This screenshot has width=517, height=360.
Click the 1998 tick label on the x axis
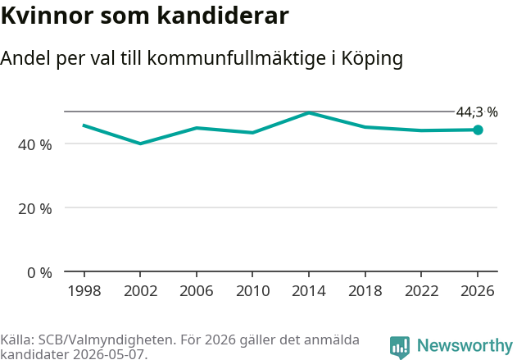pyautogui.click(x=84, y=291)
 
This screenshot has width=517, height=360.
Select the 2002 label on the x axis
pyautogui.click(x=140, y=291)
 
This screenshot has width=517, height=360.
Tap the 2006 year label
pyautogui.click(x=197, y=291)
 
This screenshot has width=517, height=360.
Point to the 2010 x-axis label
pyautogui.click(x=252, y=291)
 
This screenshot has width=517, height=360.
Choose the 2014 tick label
pyautogui.click(x=309, y=291)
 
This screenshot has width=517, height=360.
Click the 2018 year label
pyautogui.click(x=365, y=291)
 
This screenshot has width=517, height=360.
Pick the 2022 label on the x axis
pyautogui.click(x=421, y=291)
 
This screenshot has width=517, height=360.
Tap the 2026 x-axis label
pyautogui.click(x=478, y=291)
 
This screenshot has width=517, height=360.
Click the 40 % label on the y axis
pyautogui.click(x=35, y=145)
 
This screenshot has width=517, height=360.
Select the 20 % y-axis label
pyautogui.click(x=35, y=209)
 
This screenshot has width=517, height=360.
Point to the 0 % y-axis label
pyautogui.click(x=39, y=273)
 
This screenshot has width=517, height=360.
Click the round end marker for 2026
pyautogui.click(x=478, y=130)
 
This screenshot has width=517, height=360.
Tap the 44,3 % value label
pyautogui.click(x=477, y=112)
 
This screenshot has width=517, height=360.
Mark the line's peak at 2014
pyautogui.click(x=309, y=113)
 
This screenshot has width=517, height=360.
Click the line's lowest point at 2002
pyautogui.click(x=140, y=144)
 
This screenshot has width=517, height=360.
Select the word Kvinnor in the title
pyautogui.click(x=48, y=16)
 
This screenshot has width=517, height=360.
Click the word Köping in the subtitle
pyautogui.click(x=372, y=59)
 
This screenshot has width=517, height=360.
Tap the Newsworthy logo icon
pyautogui.click(x=400, y=347)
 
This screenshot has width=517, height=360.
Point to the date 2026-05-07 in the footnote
pyautogui.click(x=108, y=354)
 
